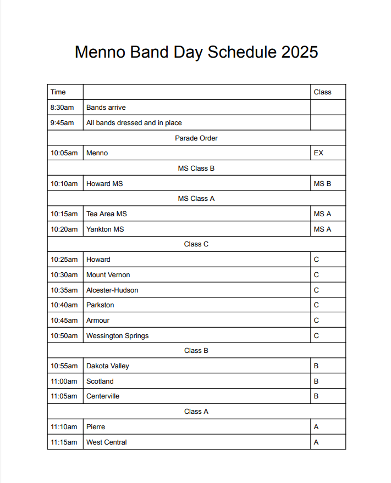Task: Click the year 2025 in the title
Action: point(300,52)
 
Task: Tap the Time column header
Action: point(58,92)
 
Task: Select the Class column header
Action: point(322,92)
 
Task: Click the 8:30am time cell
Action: point(62,108)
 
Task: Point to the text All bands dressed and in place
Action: point(134,123)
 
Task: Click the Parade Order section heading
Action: point(196,138)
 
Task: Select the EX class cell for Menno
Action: point(319,153)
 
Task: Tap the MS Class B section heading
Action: point(196,169)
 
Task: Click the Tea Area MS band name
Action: point(107,214)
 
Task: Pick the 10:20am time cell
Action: point(64,229)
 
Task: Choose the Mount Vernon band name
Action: point(108,275)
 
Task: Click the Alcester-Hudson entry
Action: point(112,290)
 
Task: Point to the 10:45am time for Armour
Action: point(64,321)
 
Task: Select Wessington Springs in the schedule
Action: point(117,336)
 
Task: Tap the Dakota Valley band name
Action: point(108,366)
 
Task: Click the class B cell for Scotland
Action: point(316,381)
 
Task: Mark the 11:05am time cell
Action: point(64,396)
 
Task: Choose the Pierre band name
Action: point(96,427)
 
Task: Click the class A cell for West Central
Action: point(316,442)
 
